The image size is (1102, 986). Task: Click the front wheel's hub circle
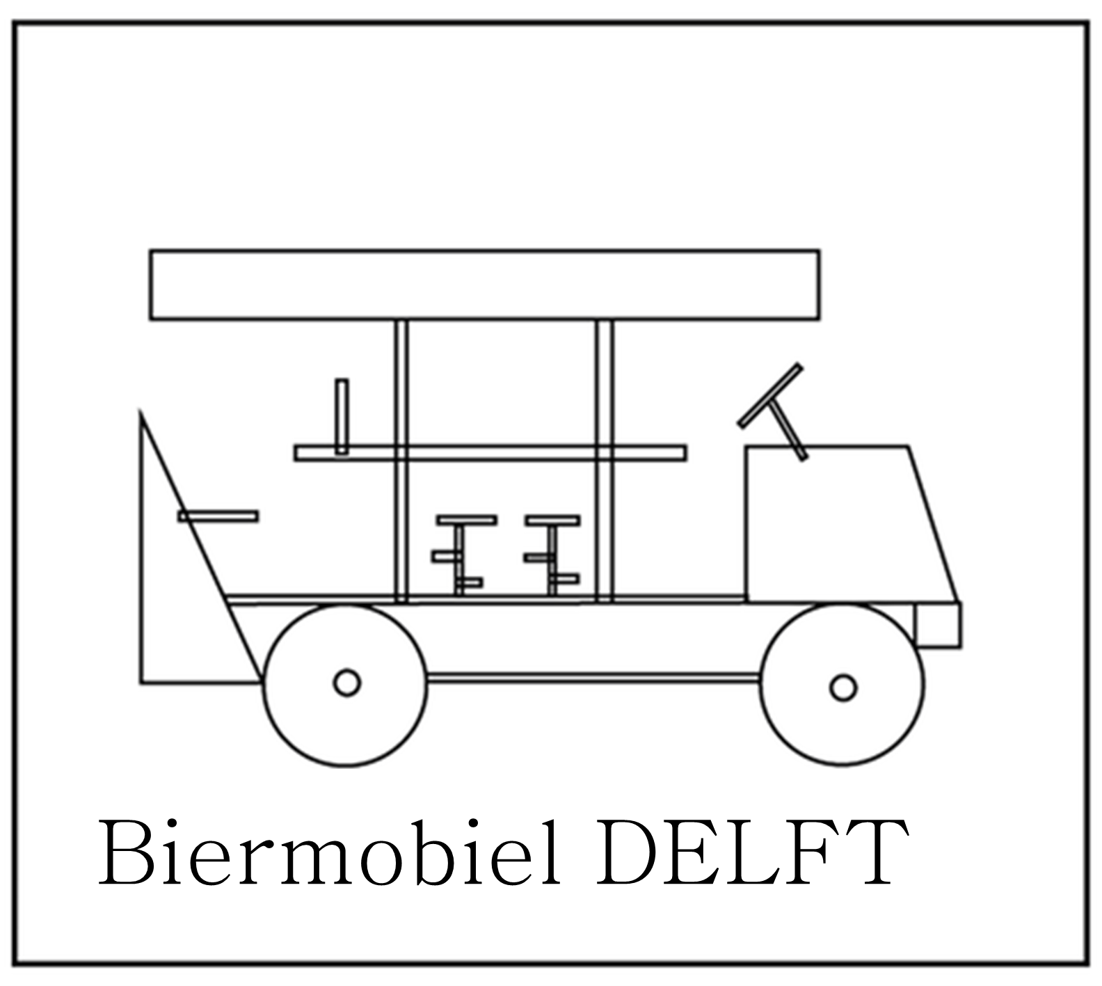(x=843, y=687)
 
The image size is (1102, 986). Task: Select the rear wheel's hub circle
(x=346, y=683)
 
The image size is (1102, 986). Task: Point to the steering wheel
(x=769, y=395)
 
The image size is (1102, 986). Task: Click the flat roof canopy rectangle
(x=484, y=285)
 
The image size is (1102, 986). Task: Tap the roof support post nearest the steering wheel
(x=605, y=390)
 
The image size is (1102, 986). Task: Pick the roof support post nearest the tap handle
(x=401, y=390)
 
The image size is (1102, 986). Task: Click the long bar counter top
(x=490, y=453)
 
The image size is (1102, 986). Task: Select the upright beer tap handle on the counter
(x=342, y=416)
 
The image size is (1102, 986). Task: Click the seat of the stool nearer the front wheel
(x=552, y=520)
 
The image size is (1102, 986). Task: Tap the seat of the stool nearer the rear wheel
(x=466, y=520)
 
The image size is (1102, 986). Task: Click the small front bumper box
(x=938, y=625)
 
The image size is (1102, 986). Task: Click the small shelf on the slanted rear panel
(x=218, y=516)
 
